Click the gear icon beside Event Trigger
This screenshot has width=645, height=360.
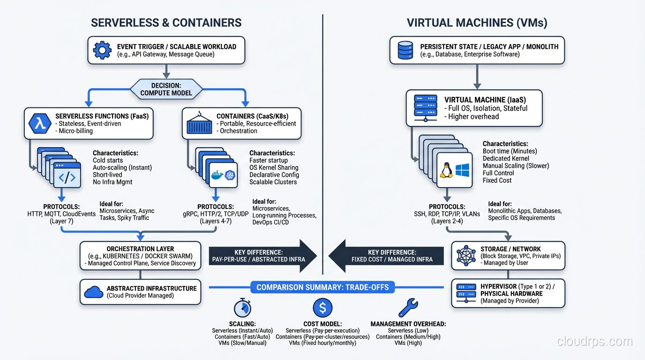click(x=102, y=50)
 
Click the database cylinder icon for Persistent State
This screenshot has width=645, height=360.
click(x=405, y=50)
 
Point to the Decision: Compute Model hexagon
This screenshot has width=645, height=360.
click(x=166, y=89)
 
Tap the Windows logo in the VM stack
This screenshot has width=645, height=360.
click(x=462, y=170)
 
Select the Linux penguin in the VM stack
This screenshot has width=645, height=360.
click(x=445, y=170)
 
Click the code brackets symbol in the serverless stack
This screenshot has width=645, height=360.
click(x=67, y=177)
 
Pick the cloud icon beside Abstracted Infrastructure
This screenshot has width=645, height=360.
click(x=94, y=292)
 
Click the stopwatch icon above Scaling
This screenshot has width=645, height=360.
click(x=242, y=308)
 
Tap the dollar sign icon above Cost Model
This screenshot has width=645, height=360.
click(x=322, y=308)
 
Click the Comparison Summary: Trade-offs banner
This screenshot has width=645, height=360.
click(x=322, y=287)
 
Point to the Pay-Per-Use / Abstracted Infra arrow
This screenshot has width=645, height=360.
click(x=262, y=256)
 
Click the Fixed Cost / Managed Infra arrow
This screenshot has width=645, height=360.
click(x=385, y=256)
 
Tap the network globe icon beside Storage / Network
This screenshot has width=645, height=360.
click(x=465, y=255)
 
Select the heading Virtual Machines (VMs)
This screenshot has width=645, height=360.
click(x=477, y=22)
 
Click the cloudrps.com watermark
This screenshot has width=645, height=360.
click(x=594, y=342)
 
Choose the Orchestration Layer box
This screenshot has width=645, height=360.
click(x=140, y=256)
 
